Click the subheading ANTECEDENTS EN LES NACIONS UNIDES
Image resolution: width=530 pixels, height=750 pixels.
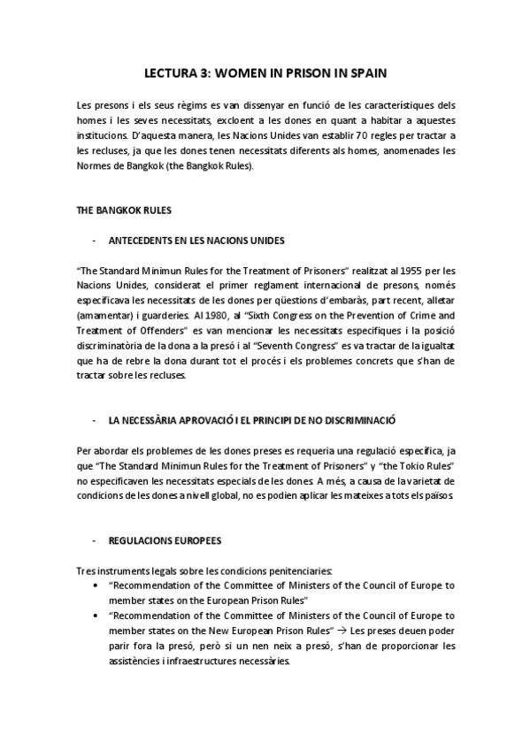(x=203, y=241)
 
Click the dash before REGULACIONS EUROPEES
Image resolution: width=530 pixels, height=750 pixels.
(x=95, y=540)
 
